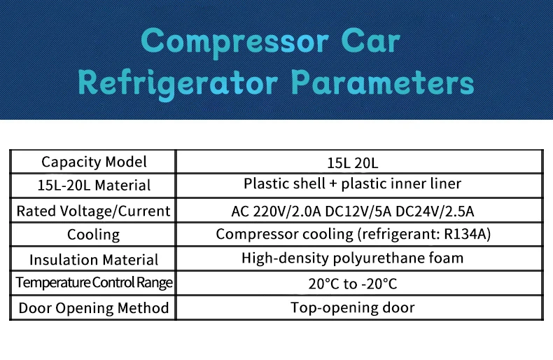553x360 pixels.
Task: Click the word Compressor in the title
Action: coord(235,42)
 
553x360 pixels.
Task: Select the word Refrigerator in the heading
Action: coord(177,84)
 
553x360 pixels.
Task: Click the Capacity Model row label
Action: coord(94,162)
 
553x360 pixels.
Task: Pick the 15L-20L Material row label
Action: coord(94,186)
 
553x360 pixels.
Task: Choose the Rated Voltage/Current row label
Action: coord(94,211)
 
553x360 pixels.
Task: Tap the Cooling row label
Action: coord(94,235)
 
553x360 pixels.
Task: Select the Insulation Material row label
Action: coord(94,260)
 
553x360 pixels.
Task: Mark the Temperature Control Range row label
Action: coord(94,282)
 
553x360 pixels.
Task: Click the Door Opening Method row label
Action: coord(94,307)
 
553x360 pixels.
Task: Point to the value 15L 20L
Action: coord(353,163)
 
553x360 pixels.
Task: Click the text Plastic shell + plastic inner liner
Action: coord(352,184)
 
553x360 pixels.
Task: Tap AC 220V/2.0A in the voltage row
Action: coord(276,212)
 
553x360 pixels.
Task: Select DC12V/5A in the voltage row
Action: coord(358,212)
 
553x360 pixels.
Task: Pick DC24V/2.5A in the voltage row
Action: coord(435,212)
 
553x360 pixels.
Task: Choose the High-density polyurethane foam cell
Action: coord(352,258)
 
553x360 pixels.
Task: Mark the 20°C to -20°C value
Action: coord(353,284)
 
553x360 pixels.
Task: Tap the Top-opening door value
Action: coord(353,307)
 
